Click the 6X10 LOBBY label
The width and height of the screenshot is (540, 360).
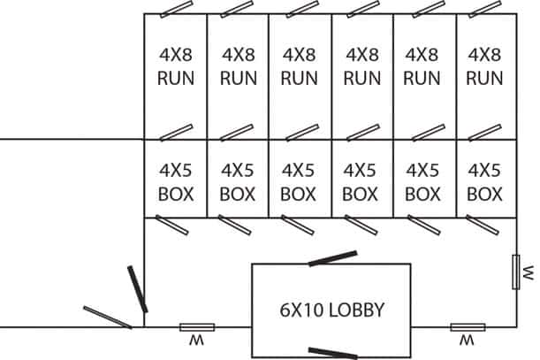[x=331, y=310]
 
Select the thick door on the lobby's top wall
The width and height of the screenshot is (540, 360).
[x=332, y=258]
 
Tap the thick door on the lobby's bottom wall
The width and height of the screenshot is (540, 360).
[x=332, y=353]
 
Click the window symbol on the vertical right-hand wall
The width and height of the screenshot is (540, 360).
[x=516, y=272]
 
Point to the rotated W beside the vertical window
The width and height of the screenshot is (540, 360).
[x=529, y=272]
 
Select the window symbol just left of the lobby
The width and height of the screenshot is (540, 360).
[x=197, y=327]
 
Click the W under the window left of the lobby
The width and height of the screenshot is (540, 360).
[x=197, y=341]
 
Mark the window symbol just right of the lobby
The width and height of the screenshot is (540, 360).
[x=468, y=327]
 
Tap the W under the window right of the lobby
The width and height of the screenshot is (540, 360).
[x=467, y=341]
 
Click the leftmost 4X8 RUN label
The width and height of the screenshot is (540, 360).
[x=176, y=66]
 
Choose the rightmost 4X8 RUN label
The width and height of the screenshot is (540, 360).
[x=484, y=66]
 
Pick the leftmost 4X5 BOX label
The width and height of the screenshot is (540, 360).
[x=176, y=182]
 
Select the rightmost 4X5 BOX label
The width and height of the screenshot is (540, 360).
[x=484, y=182]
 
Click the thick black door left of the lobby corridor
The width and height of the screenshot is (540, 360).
[x=138, y=289]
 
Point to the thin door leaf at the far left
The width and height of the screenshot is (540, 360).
[x=108, y=318]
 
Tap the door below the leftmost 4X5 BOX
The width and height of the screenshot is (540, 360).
[x=171, y=225]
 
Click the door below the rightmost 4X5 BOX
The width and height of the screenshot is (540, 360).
[x=483, y=225]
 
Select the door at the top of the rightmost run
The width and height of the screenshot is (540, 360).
[x=485, y=10]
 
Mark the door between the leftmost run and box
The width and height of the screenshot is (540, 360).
[x=177, y=133]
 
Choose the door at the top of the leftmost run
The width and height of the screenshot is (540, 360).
[x=177, y=10]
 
